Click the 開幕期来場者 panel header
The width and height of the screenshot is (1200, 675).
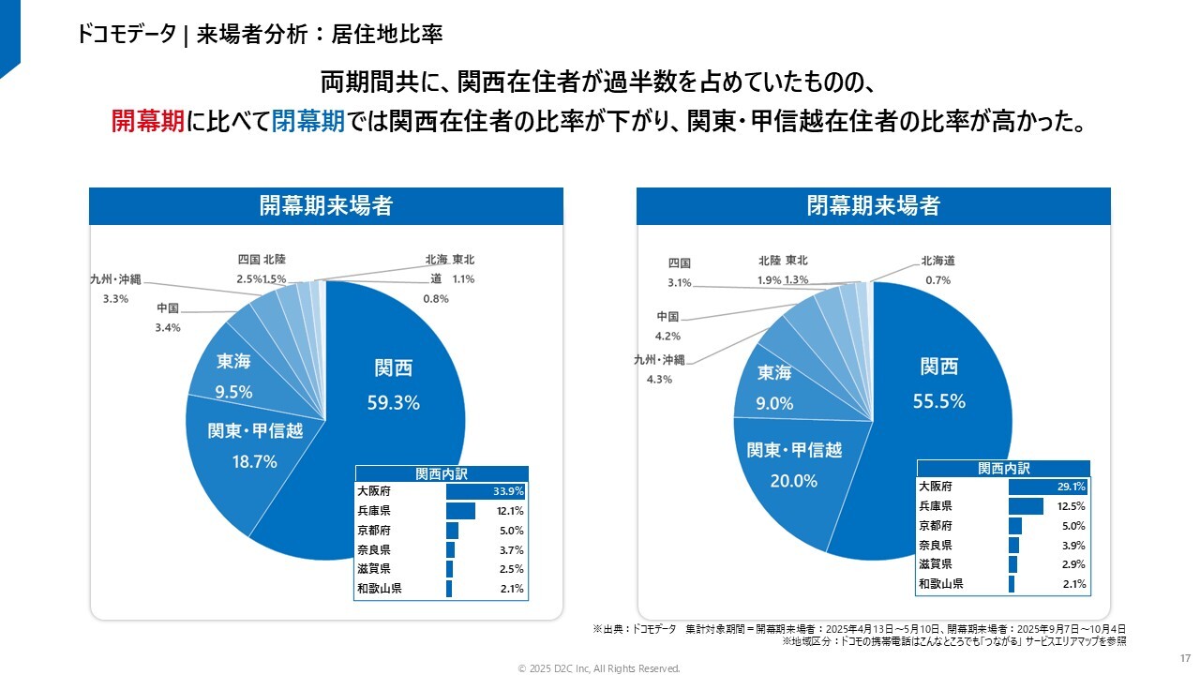click(x=325, y=206)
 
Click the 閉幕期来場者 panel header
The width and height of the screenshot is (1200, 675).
click(x=873, y=206)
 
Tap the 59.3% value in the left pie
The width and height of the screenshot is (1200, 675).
click(x=393, y=403)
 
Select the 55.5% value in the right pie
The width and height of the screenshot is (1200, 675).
click(x=939, y=401)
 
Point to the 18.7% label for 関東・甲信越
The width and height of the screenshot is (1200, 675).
click(x=254, y=461)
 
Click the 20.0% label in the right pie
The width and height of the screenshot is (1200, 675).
click(x=794, y=481)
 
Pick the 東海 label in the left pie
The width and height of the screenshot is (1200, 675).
click(x=233, y=362)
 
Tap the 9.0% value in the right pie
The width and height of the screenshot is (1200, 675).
click(x=774, y=404)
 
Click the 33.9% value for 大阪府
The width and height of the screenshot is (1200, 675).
click(x=508, y=491)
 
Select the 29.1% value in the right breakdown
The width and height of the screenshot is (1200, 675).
click(x=1070, y=487)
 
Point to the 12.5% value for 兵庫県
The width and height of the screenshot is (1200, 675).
click(x=1070, y=506)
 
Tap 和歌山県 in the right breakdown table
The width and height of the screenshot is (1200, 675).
click(x=940, y=584)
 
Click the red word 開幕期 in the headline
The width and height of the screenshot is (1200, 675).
click(x=146, y=121)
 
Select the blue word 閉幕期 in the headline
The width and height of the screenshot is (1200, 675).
click(x=307, y=121)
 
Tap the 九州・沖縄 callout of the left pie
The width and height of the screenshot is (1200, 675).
click(x=115, y=279)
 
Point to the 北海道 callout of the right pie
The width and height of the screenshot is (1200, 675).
click(x=937, y=261)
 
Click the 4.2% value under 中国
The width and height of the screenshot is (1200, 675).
click(x=667, y=336)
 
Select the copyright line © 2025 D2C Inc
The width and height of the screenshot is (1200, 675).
click(x=599, y=668)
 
